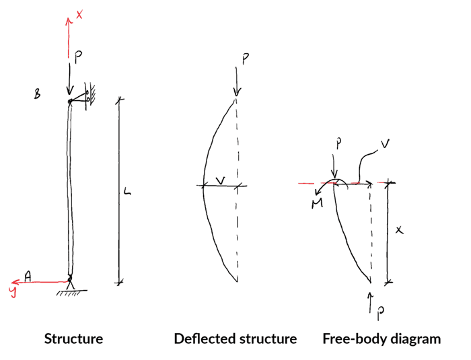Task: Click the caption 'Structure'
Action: [73, 338]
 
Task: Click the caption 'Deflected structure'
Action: [235, 338]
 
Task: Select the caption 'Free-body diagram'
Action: [382, 338]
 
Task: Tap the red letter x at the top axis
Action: [80, 14]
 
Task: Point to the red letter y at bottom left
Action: [12, 291]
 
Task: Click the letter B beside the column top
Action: [37, 95]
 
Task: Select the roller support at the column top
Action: [87, 97]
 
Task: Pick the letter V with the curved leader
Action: [384, 144]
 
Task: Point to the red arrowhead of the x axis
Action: [68, 21]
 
